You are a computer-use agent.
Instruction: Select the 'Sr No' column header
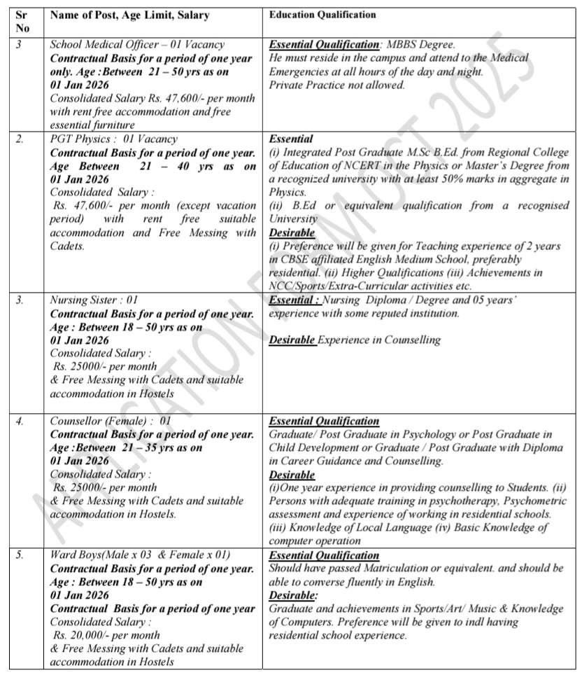tap(22, 21)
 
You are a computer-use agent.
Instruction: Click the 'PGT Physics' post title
tap(80, 139)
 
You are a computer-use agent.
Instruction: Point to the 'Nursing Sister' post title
tap(83, 300)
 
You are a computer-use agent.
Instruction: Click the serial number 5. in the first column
tap(20, 555)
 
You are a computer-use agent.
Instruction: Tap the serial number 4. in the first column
tap(20, 421)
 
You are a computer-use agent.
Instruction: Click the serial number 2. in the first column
tap(20, 139)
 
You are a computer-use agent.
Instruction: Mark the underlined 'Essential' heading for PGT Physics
tap(291, 139)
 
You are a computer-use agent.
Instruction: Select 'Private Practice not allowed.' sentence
tap(336, 85)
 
